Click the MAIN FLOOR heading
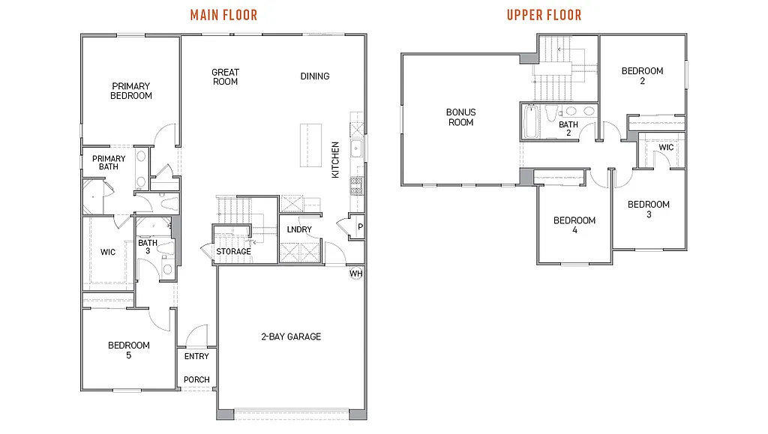pyautogui.click(x=223, y=15)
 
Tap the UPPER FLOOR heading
pyautogui.click(x=544, y=15)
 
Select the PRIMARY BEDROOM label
pyautogui.click(x=131, y=91)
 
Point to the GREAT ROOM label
pyautogui.click(x=225, y=76)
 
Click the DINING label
pyautogui.click(x=315, y=76)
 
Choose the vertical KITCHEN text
pyautogui.click(x=336, y=160)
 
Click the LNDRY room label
pyautogui.click(x=299, y=229)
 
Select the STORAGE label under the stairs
pyautogui.click(x=233, y=251)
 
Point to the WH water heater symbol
pyautogui.click(x=355, y=274)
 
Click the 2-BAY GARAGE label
pyautogui.click(x=291, y=337)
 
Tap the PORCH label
pyautogui.click(x=196, y=380)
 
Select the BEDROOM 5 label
pyautogui.click(x=129, y=350)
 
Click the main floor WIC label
pyautogui.click(x=108, y=252)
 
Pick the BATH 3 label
pyautogui.click(x=147, y=247)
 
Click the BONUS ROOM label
pyautogui.click(x=461, y=117)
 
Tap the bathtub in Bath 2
pyautogui.click(x=531, y=122)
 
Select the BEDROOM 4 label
pyautogui.click(x=574, y=225)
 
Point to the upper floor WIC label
pyautogui.click(x=666, y=148)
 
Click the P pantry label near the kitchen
pyautogui.click(x=360, y=226)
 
